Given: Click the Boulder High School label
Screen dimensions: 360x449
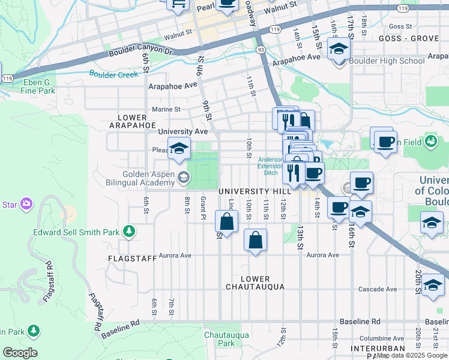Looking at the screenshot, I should pyautogui.click(x=387, y=61).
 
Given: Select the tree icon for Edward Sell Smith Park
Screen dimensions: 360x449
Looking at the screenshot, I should pyautogui.click(x=128, y=231).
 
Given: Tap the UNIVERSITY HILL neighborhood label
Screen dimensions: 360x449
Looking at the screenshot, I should pyautogui.click(x=255, y=191).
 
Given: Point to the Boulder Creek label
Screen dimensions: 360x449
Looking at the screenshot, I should pyautogui.click(x=113, y=74).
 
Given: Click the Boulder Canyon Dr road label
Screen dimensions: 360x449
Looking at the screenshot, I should pyautogui.click(x=140, y=53).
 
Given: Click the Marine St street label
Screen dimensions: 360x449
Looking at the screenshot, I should pyautogui.click(x=166, y=109).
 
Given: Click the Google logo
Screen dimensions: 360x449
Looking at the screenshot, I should pyautogui.click(x=20, y=353).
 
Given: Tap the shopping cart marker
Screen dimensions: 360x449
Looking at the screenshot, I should pyautogui.click(x=179, y=5).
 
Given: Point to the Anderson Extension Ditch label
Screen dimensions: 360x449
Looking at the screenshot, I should pyautogui.click(x=271, y=166).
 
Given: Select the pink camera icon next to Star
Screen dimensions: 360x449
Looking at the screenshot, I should pyautogui.click(x=26, y=204).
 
